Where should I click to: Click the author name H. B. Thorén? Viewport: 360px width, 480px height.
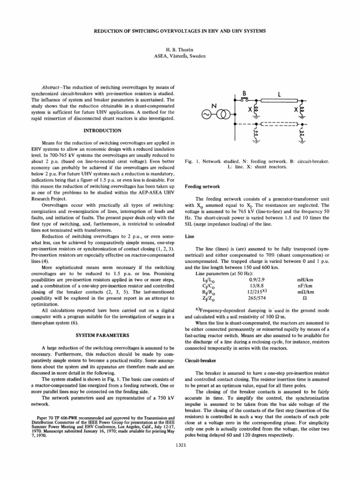pyautogui.click(x=180, y=49)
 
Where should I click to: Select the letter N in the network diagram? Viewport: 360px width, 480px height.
pyautogui.click(x=212, y=106)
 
